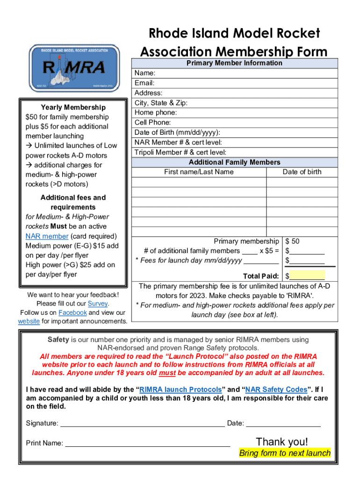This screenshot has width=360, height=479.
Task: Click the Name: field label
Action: coord(145,73)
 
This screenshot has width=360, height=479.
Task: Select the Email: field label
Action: coord(144,83)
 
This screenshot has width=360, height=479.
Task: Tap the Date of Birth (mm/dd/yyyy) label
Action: coord(177,132)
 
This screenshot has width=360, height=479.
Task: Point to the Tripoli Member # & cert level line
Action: coord(180,152)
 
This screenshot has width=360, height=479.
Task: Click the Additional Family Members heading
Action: coord(234,162)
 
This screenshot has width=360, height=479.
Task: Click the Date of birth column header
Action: coord(302,172)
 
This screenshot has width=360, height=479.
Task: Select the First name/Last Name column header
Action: coord(199,172)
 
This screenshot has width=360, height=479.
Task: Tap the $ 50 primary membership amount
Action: coord(293,241)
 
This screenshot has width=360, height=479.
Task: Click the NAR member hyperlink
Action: coord(47,236)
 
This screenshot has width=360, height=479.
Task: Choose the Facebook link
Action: coord(72,312)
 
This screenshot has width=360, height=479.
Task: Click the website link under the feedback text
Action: coord(29,321)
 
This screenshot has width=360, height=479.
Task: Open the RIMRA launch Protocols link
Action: coord(180,390)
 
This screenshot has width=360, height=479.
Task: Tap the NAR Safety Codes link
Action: coord(276,390)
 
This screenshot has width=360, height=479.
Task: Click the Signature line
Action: coord(143,424)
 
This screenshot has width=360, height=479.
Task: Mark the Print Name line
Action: coord(147,443)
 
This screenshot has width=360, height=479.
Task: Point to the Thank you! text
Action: coord(282,442)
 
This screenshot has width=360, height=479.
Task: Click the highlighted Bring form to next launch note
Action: coord(285,453)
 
